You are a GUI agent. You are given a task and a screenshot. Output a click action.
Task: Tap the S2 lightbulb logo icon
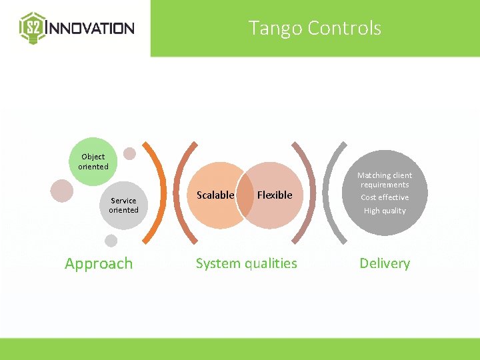tap(31, 28)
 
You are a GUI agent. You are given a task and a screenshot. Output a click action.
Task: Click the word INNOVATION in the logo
tap(92, 28)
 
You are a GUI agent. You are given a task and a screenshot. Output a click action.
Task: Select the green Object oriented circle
tap(93, 161)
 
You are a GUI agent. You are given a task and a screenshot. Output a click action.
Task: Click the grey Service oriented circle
tap(123, 205)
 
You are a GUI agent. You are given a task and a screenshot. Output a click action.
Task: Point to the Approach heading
tap(99, 263)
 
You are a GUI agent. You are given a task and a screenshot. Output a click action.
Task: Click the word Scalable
tap(215, 195)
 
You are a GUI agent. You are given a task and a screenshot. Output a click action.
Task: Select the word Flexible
tap(275, 195)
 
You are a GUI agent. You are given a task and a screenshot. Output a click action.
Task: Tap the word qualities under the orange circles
tap(271, 263)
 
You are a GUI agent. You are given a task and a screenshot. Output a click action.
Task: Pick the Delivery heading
tap(385, 263)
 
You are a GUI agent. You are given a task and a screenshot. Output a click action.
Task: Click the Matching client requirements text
tap(385, 180)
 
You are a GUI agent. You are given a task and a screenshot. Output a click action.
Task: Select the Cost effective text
tap(385, 197)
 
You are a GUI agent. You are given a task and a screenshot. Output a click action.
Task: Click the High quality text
tap(385, 211)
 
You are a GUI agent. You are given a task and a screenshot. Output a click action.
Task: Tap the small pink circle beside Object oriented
tap(130, 153)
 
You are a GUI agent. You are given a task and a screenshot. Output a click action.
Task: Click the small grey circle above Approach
tap(111, 241)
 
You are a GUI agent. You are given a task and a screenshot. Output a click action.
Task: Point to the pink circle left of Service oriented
tap(62, 190)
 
